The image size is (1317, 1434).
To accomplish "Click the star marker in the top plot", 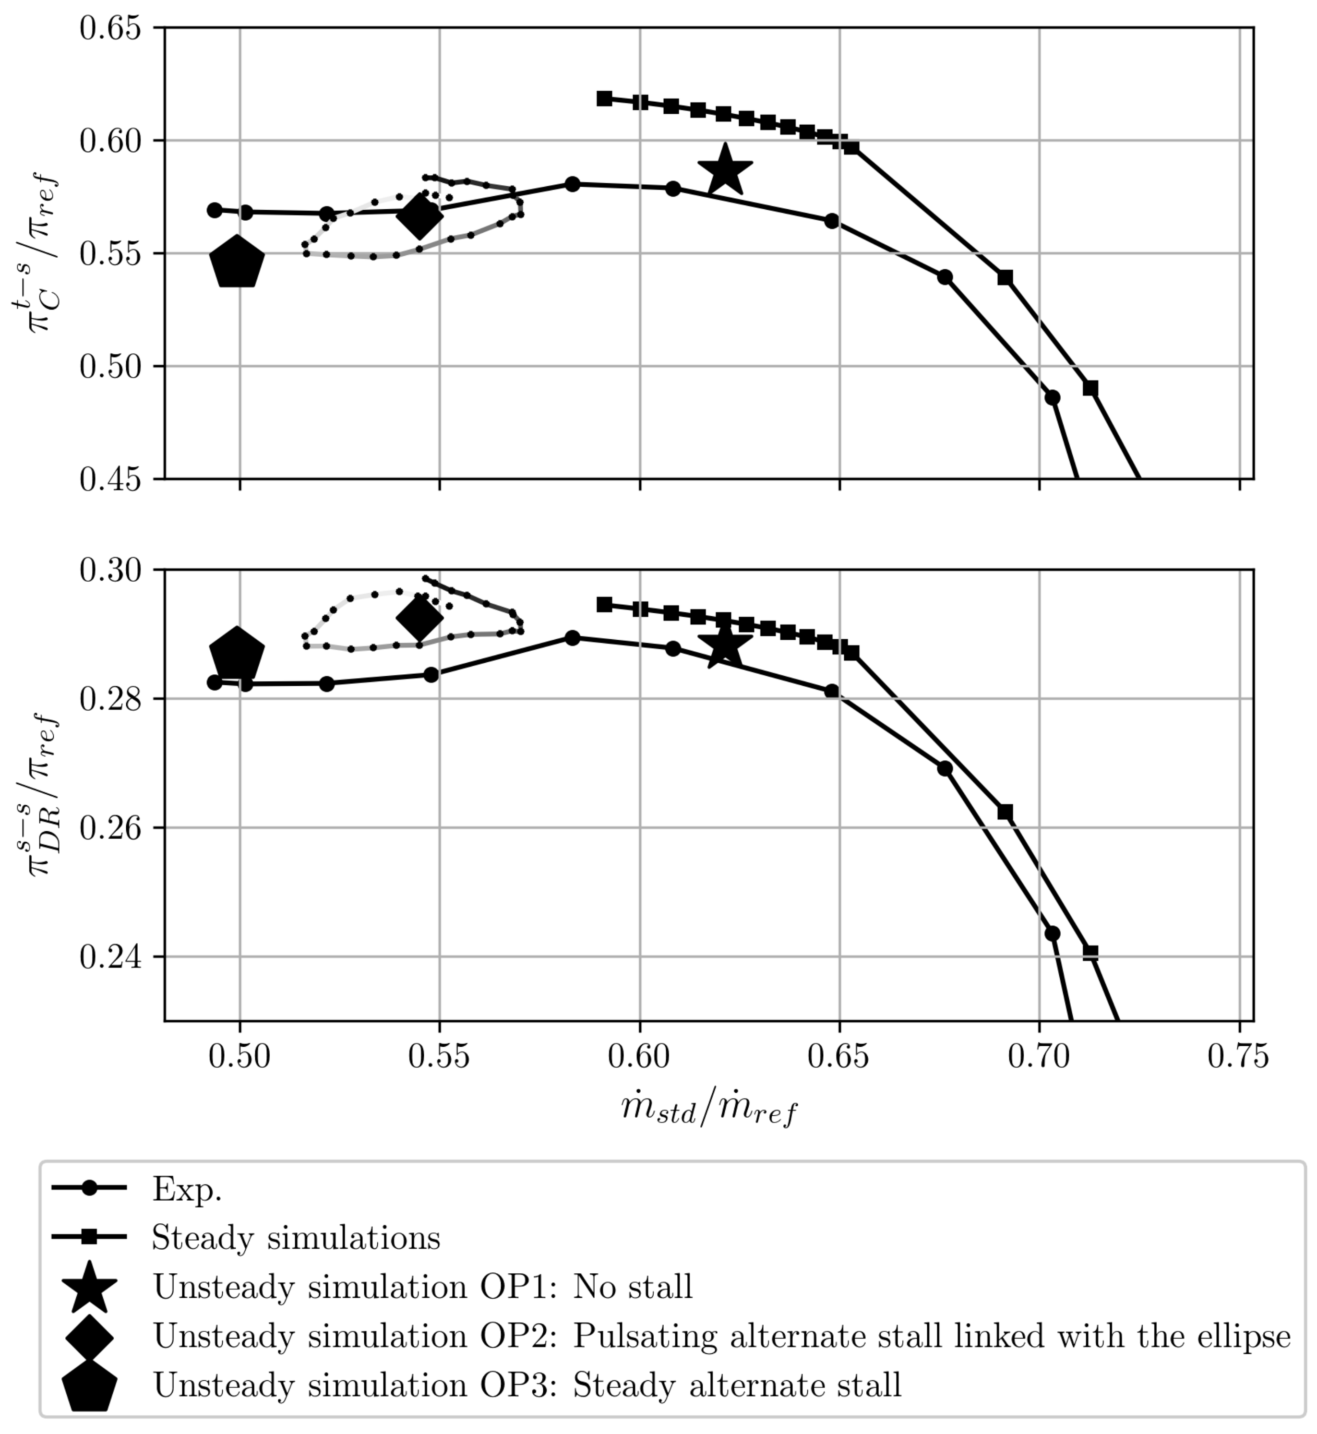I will pos(725,170).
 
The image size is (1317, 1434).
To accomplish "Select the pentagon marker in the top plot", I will pos(237,263).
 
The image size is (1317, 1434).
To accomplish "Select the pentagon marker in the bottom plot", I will pos(237,654).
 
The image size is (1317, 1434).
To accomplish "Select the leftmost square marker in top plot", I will pos(604,98).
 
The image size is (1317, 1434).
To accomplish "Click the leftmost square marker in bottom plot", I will pos(604,604).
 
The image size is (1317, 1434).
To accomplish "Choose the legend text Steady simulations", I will pos(296,1238).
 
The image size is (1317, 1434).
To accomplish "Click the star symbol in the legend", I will pos(90,1287).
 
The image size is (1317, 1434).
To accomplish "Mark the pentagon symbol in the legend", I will pos(90,1386).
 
